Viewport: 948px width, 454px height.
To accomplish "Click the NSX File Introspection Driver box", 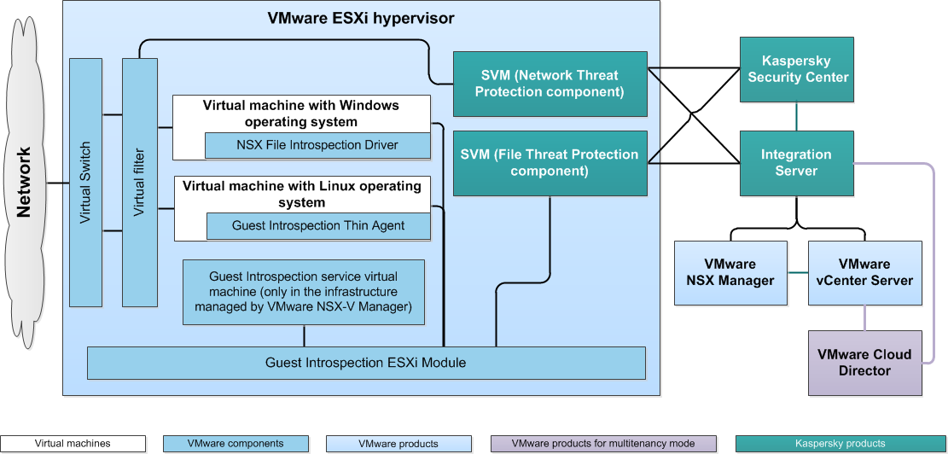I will point(317,145).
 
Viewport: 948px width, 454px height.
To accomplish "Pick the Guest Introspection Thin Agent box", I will point(318,226).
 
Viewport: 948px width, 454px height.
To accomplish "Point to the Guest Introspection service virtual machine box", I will point(304,293).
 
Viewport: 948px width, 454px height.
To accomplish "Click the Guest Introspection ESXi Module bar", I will point(366,363).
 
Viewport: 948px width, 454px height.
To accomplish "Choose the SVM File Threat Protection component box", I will point(549,162).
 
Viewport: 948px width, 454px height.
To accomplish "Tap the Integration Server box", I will point(796,163).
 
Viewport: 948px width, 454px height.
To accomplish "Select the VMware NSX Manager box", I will point(730,273).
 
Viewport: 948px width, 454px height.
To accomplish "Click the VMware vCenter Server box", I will point(864,273).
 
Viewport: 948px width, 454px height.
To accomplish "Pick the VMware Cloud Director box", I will point(864,363).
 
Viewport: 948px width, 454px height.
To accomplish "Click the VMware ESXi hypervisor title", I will point(361,18).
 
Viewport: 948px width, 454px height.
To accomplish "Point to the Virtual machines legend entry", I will point(73,444).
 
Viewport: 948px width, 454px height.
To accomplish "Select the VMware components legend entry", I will point(235,444).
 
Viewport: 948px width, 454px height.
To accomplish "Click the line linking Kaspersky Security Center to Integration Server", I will point(797,117).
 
